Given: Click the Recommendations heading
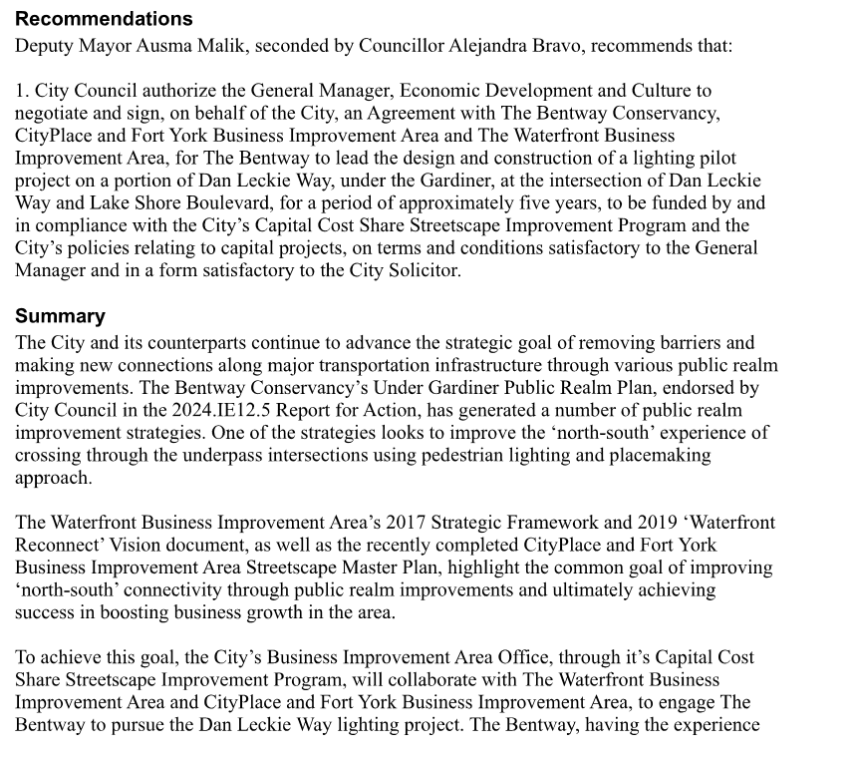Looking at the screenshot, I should point(104,19).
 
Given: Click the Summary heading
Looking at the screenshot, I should point(60,316).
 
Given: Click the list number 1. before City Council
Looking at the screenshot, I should point(23,92).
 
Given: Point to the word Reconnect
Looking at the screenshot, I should point(54,546).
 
